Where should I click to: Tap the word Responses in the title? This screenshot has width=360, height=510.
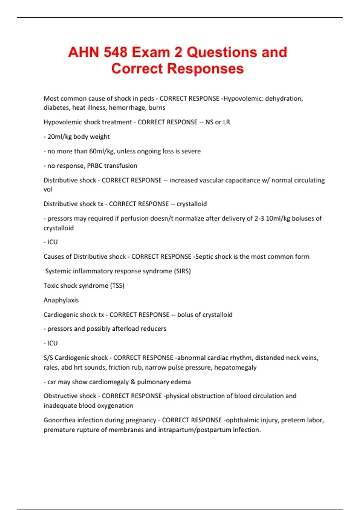pos(205,69)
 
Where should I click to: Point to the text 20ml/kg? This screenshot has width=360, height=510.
pos(60,136)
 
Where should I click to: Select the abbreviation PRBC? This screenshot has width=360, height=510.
pos(94,166)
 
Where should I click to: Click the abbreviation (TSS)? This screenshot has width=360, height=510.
pos(117,286)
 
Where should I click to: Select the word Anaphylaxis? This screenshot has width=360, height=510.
pos(61,300)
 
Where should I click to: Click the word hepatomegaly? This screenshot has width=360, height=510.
pos(235,367)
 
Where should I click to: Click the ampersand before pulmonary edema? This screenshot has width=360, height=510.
pos(133,382)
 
